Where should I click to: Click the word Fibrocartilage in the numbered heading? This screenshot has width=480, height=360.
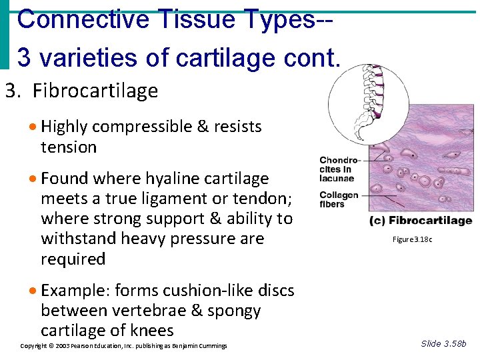coord(95,91)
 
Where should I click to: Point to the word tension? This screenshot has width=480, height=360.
coord(69,147)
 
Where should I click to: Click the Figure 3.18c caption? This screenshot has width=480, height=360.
coord(413,239)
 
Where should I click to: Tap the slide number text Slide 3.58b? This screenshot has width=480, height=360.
coord(444,343)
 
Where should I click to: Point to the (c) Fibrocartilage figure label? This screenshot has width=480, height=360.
coord(421,221)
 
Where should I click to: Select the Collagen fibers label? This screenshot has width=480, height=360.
coord(339,199)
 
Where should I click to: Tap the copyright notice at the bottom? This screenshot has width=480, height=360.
coord(124,346)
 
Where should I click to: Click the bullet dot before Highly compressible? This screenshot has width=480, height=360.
coord(33,127)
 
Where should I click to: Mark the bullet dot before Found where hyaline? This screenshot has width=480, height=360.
coord(33,179)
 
